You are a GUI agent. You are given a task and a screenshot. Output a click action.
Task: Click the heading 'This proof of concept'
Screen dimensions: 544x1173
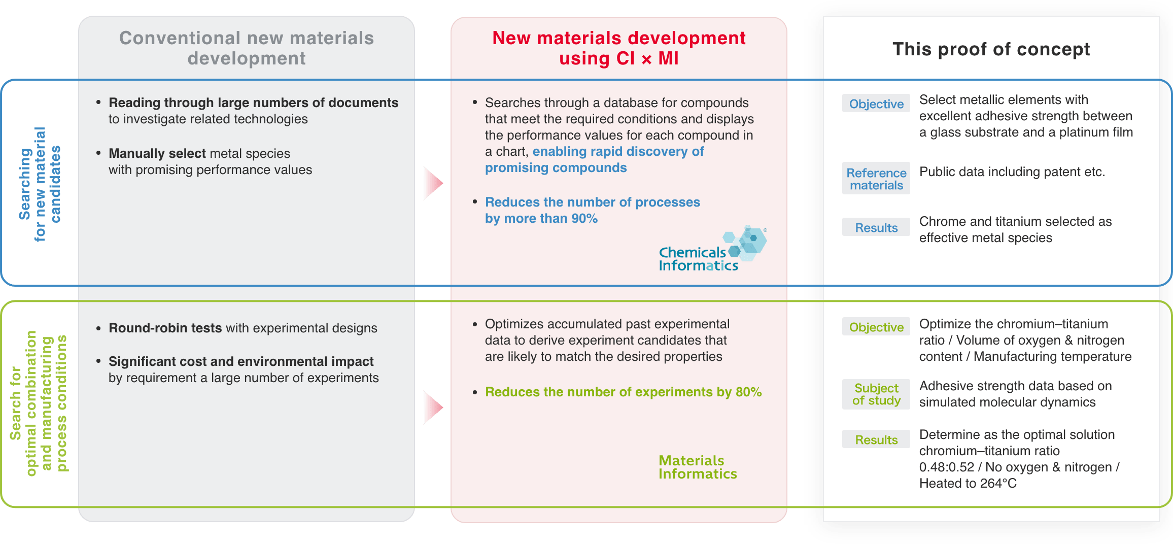click(991, 49)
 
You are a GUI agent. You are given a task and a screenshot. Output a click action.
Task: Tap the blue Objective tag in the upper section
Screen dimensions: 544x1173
click(876, 104)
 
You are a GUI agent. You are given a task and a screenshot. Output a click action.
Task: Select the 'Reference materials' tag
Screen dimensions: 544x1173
click(876, 179)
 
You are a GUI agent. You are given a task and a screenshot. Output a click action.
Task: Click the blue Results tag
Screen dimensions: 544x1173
click(876, 227)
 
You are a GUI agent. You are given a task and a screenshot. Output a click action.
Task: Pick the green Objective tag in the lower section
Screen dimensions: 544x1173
click(876, 327)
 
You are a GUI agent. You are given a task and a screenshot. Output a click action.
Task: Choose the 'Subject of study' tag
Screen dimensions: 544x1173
click(876, 394)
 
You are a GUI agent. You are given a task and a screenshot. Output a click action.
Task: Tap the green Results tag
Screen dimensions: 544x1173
click(876, 439)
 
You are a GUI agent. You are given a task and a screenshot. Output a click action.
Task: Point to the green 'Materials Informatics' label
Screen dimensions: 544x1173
click(698, 467)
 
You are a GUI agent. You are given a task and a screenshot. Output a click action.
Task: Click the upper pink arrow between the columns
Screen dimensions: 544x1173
click(432, 183)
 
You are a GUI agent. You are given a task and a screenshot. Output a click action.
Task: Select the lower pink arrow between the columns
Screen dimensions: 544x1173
click(432, 407)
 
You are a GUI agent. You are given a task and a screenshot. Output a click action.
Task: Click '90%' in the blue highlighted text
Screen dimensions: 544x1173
click(584, 219)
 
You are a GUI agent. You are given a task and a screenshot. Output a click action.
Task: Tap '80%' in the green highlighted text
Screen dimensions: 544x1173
click(748, 392)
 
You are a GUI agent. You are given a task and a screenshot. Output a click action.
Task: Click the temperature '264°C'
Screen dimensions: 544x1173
click(998, 484)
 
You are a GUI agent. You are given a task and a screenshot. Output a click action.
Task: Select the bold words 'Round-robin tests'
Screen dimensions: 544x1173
click(165, 328)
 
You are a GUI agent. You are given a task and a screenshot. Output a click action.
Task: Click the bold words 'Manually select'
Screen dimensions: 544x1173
click(157, 154)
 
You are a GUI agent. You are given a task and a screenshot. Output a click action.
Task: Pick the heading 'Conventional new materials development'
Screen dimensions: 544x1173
click(247, 48)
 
